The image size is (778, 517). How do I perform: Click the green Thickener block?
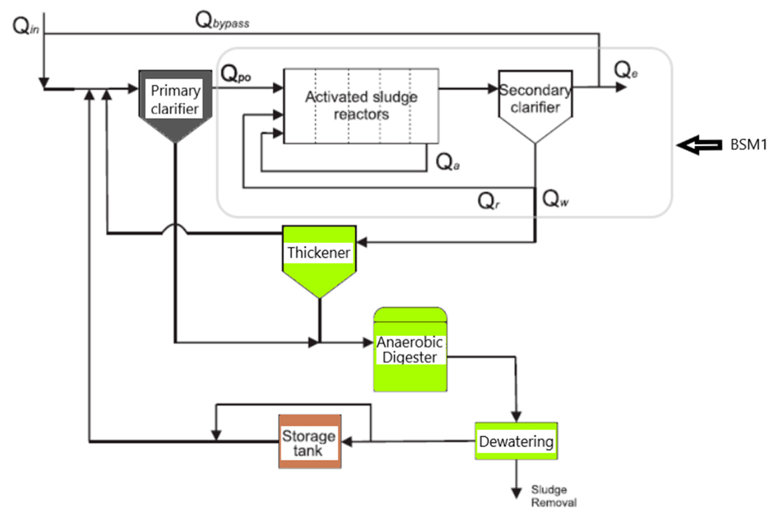tap(319, 257)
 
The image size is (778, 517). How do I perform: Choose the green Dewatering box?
tap(516, 441)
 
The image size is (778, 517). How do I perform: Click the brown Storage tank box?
tap(310, 442)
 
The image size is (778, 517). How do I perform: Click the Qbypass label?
tap(222, 21)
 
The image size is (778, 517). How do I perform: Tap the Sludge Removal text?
tap(553, 496)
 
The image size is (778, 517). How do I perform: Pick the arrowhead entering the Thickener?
tap(362, 242)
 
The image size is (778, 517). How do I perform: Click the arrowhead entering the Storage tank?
tap(347, 442)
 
